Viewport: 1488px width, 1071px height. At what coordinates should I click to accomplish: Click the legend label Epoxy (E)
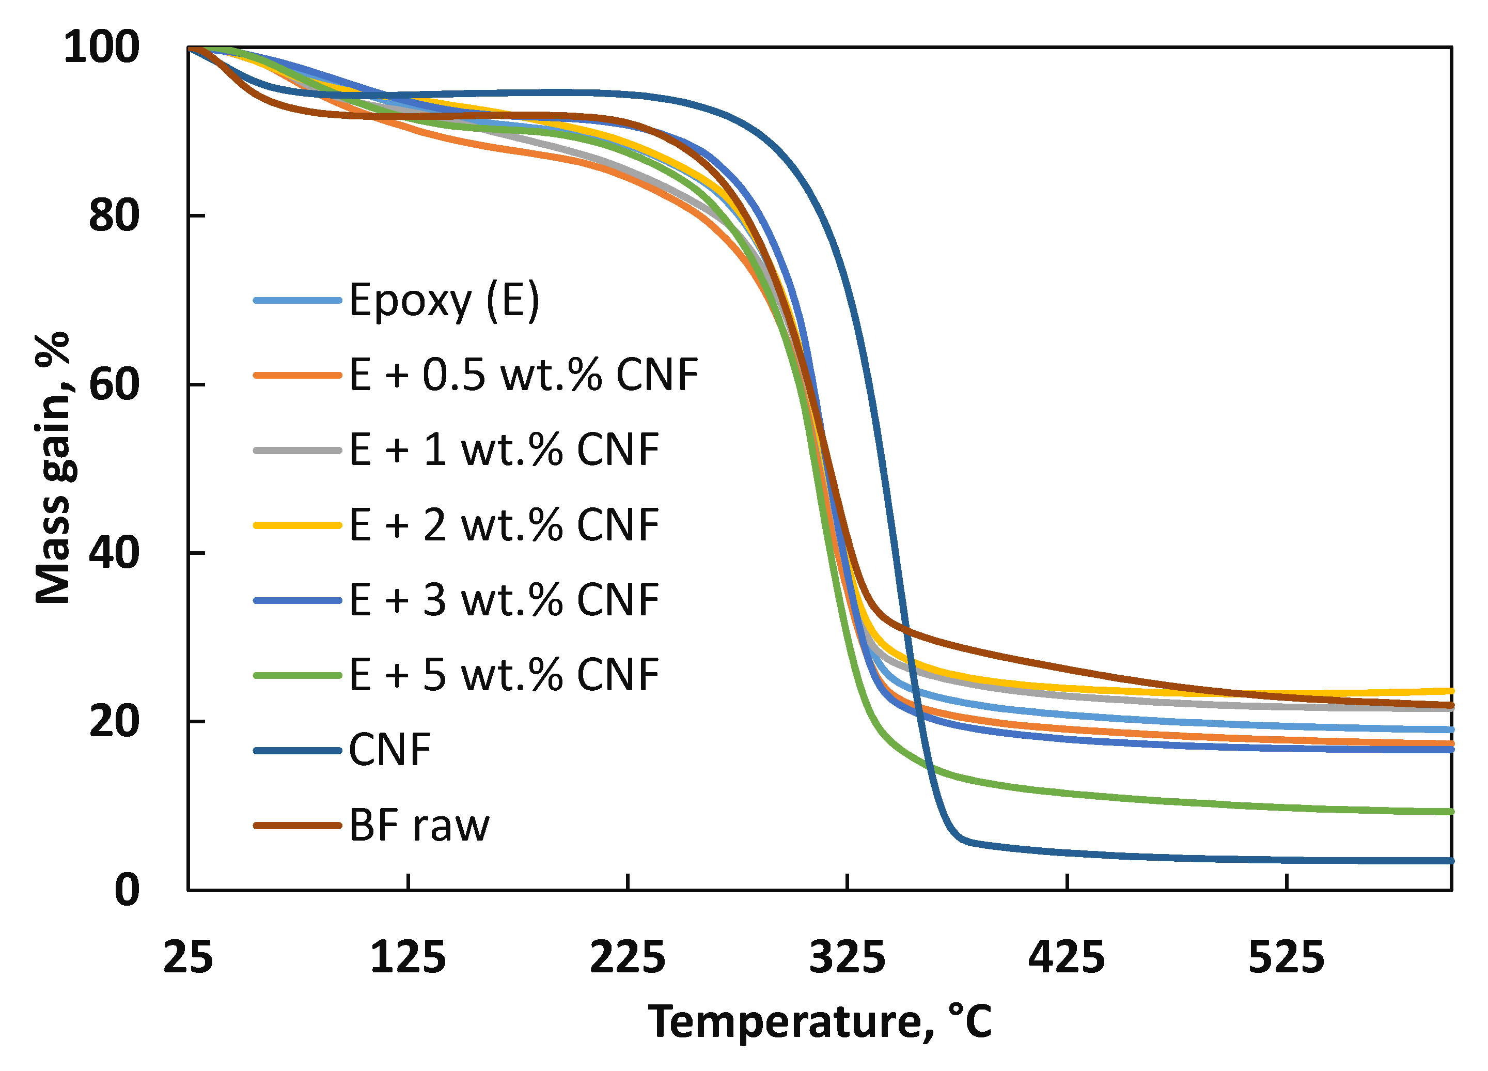coord(444,301)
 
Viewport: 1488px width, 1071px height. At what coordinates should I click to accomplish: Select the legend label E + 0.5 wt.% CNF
coord(524,376)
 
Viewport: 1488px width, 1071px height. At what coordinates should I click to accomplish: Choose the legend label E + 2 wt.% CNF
coord(504,525)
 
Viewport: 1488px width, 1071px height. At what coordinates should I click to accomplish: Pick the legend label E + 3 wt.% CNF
coord(504,600)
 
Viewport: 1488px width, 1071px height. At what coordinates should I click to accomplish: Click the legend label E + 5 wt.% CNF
coord(504,675)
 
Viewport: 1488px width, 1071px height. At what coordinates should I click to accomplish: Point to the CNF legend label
coord(390,750)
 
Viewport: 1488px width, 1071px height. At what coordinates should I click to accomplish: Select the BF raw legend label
coord(419,826)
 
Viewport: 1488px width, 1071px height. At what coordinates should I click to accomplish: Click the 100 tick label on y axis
coord(102,48)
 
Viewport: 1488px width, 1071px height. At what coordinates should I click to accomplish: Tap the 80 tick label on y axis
coord(114,216)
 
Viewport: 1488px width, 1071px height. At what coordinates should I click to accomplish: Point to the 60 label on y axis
coord(114,384)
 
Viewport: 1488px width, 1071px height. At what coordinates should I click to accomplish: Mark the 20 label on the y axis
coord(114,722)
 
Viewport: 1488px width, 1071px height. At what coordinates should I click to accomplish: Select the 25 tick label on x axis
coord(189,957)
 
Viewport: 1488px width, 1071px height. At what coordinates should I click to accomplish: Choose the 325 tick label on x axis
coord(847,957)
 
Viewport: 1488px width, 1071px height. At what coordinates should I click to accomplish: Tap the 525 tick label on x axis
coord(1286,957)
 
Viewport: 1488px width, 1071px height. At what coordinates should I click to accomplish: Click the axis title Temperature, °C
coord(820,1022)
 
